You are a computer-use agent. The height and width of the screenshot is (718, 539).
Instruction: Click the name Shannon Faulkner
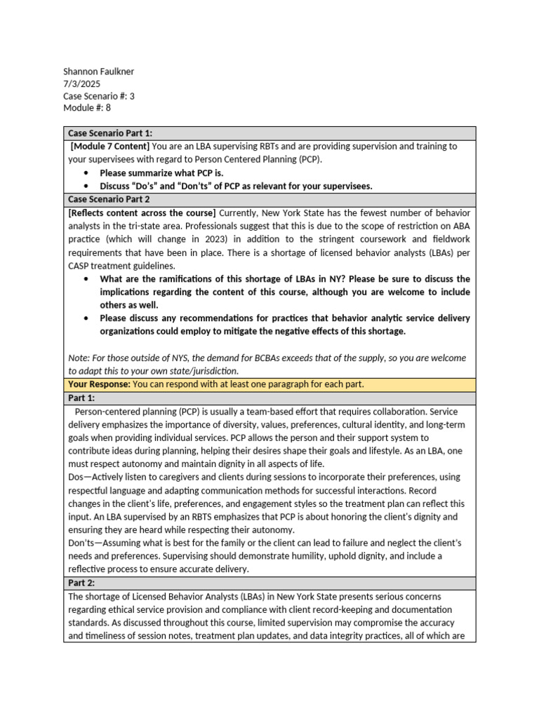click(x=98, y=72)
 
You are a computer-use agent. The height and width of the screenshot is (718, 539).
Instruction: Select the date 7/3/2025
click(x=81, y=83)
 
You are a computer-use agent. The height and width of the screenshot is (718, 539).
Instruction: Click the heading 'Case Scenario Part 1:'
click(x=110, y=133)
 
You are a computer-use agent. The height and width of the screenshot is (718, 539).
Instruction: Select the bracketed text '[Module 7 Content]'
click(x=110, y=146)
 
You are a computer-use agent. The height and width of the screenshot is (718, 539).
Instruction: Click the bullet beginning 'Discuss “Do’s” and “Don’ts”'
click(x=236, y=186)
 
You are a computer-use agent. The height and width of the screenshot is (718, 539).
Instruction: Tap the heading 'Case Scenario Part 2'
click(x=109, y=199)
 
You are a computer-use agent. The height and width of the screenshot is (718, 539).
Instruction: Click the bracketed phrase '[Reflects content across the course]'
click(x=142, y=212)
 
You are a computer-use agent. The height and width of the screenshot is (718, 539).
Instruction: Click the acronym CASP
click(x=81, y=265)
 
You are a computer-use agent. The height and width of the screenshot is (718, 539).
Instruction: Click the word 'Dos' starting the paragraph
click(x=76, y=477)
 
